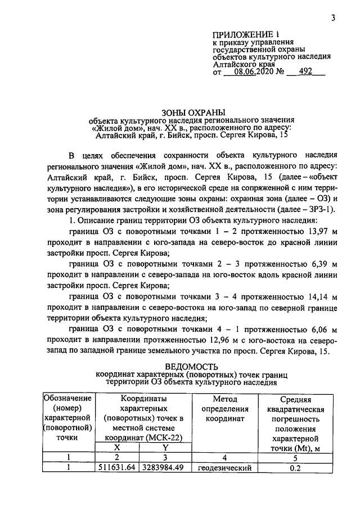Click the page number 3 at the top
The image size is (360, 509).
[x=333, y=17]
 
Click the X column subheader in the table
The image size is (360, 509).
[x=118, y=447]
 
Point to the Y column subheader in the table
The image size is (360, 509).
[x=165, y=447]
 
